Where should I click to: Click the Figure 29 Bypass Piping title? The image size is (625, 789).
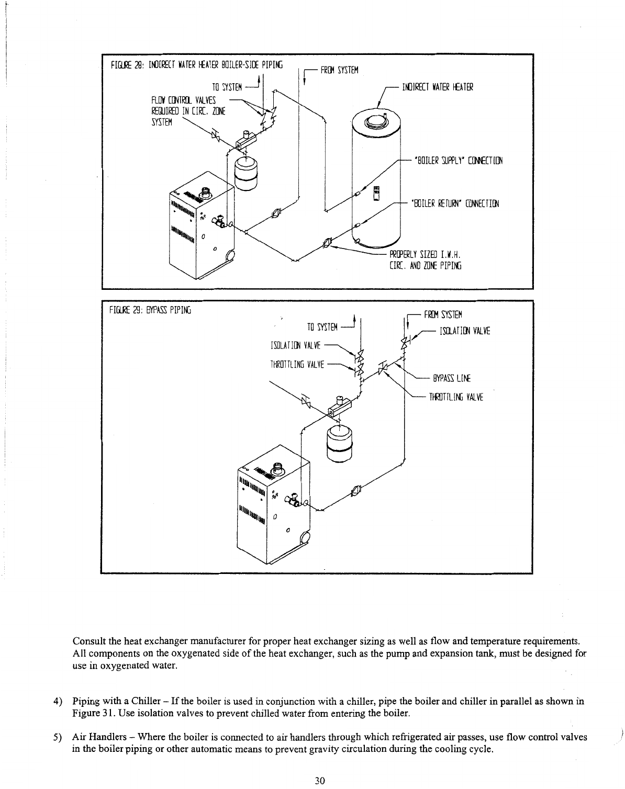150,310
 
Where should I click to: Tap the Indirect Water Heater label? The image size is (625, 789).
437,87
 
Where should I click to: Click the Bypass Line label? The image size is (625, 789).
451,378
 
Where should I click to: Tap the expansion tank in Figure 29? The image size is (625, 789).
337,441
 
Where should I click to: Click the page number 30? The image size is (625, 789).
320,781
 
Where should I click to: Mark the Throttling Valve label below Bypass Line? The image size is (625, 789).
456,397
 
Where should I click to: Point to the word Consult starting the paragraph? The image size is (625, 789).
86,641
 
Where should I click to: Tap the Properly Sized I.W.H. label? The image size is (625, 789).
425,255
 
